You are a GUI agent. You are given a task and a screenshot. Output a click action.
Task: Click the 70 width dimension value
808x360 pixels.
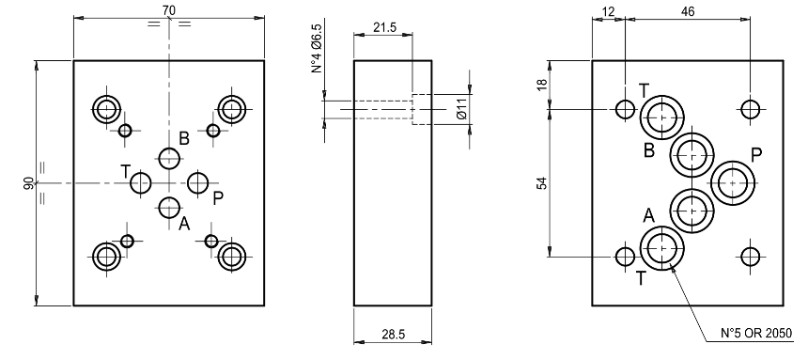pos(168,9)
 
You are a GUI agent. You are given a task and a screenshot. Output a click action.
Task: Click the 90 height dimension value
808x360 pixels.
pos(29,183)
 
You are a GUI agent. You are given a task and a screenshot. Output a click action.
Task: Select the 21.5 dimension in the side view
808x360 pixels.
pos(384,27)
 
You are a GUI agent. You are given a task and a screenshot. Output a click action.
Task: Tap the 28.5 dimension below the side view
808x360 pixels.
pos(393,335)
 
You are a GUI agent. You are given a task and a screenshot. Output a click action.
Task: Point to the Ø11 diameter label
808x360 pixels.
pos(461,108)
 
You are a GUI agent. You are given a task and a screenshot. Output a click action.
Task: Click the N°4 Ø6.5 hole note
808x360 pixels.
pos(318,48)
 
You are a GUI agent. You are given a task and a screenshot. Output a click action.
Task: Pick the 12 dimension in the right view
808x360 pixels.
pos(608,11)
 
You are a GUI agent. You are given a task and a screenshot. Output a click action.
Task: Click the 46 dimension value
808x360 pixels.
pos(688,11)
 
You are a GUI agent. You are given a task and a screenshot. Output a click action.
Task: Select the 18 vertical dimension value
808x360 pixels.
pos(541,86)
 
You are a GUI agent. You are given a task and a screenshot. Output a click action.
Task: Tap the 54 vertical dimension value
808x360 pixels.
pos(541,183)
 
